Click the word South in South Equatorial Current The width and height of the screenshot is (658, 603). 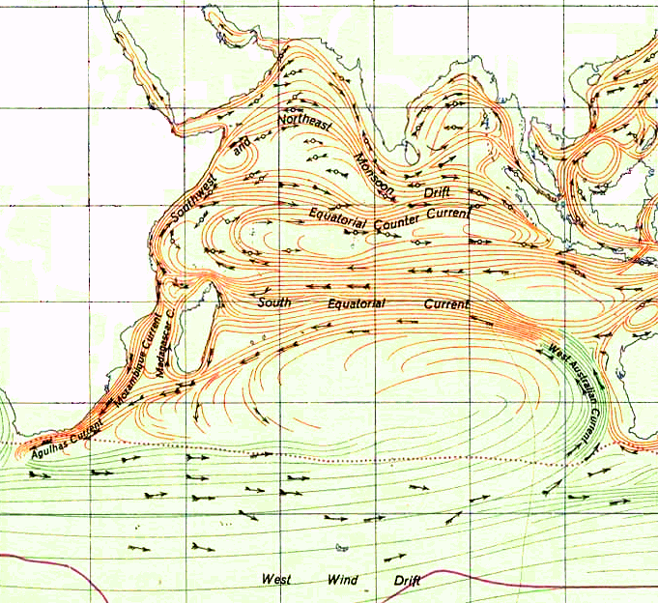pos(273,302)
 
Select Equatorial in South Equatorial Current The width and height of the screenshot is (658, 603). pos(356,303)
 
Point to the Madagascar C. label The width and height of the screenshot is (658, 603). pos(164,339)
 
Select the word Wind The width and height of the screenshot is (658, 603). pos(343,580)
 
